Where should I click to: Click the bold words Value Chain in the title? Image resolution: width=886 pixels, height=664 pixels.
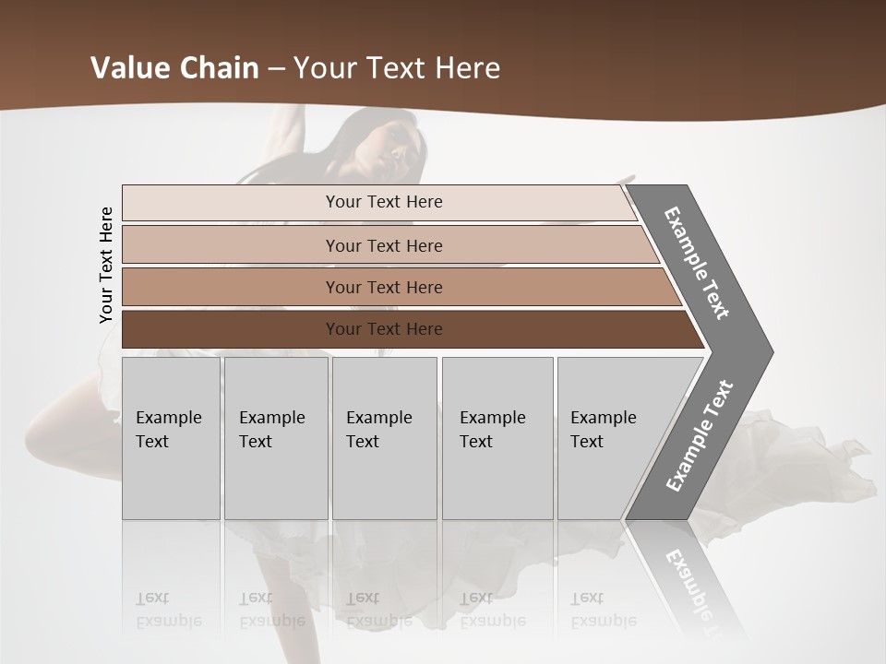(x=174, y=68)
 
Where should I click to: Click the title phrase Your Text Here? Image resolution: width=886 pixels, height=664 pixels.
(x=397, y=68)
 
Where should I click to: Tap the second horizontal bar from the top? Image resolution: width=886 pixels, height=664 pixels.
(x=384, y=245)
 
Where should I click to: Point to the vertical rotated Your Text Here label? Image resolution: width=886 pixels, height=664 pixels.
(x=106, y=265)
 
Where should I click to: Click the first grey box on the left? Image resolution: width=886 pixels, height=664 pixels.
(x=171, y=438)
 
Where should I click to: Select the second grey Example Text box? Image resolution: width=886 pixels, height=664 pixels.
(x=276, y=438)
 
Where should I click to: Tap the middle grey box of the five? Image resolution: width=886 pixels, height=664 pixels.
(x=384, y=438)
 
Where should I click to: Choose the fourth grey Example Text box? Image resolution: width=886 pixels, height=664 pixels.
(x=497, y=438)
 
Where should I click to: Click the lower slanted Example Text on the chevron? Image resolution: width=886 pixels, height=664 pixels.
(x=700, y=435)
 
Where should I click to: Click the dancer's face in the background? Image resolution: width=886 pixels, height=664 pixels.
(x=388, y=148)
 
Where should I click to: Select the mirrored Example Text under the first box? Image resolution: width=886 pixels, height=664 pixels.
(x=169, y=610)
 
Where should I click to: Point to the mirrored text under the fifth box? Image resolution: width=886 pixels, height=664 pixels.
(x=604, y=610)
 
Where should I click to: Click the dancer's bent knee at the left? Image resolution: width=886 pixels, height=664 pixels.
(x=42, y=429)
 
